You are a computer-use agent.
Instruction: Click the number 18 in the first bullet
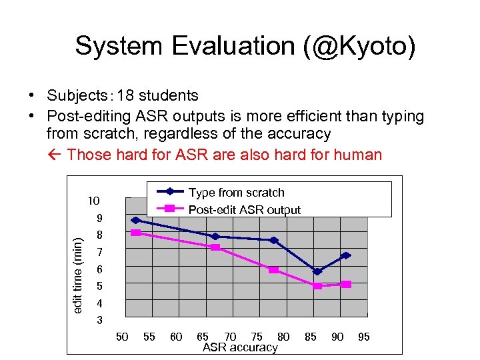point(125,96)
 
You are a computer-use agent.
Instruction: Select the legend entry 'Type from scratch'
point(236,193)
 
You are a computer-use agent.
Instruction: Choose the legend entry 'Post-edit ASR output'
point(244,210)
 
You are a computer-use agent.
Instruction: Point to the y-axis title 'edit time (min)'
point(79,270)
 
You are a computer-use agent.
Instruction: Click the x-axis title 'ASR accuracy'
point(240,347)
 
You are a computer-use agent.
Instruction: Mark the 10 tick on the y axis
point(93,201)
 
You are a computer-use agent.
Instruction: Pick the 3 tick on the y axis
point(99,320)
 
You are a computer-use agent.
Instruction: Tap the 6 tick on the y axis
point(99,269)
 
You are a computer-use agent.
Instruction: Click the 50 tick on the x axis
point(122,337)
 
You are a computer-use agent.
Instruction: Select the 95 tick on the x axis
point(364,337)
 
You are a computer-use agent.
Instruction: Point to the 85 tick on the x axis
point(310,337)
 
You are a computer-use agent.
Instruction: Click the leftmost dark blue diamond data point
point(135,220)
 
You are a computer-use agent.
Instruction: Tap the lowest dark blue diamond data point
point(317,271)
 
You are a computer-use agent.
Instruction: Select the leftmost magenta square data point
point(135,233)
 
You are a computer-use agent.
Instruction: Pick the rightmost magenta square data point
point(346,284)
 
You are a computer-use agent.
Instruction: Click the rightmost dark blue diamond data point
point(346,255)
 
